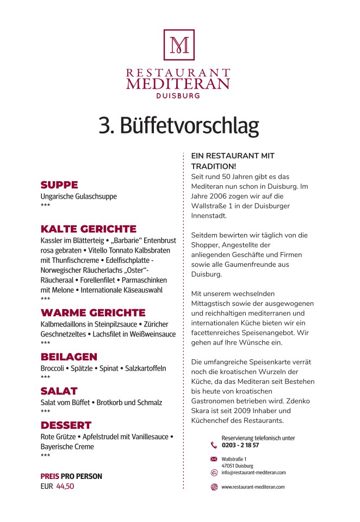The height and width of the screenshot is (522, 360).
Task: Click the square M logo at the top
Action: [x=179, y=45]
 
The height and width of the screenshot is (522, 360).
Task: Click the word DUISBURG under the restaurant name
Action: [x=178, y=95]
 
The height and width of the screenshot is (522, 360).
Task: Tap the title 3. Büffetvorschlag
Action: [x=179, y=125]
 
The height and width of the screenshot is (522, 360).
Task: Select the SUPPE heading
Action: [x=59, y=185]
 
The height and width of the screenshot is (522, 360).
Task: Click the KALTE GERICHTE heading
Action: [x=89, y=229]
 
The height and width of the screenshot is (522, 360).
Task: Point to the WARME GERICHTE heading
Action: [x=93, y=313]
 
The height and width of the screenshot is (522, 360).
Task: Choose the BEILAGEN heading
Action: [x=69, y=357]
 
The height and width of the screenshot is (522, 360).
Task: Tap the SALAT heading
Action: [x=59, y=391]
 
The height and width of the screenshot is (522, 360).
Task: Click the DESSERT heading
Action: [x=66, y=425]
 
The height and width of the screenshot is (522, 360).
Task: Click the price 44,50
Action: [x=65, y=487]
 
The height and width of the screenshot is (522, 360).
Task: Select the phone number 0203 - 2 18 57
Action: [x=240, y=445]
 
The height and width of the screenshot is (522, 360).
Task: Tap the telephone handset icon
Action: [x=214, y=445]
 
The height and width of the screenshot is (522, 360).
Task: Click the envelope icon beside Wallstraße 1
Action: [x=214, y=459]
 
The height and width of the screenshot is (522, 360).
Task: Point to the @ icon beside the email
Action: [x=214, y=472]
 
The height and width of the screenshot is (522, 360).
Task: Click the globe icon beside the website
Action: [x=214, y=487]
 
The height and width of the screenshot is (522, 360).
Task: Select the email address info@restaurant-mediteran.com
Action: [x=253, y=472]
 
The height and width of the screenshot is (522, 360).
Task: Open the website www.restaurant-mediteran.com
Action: [x=253, y=487]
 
